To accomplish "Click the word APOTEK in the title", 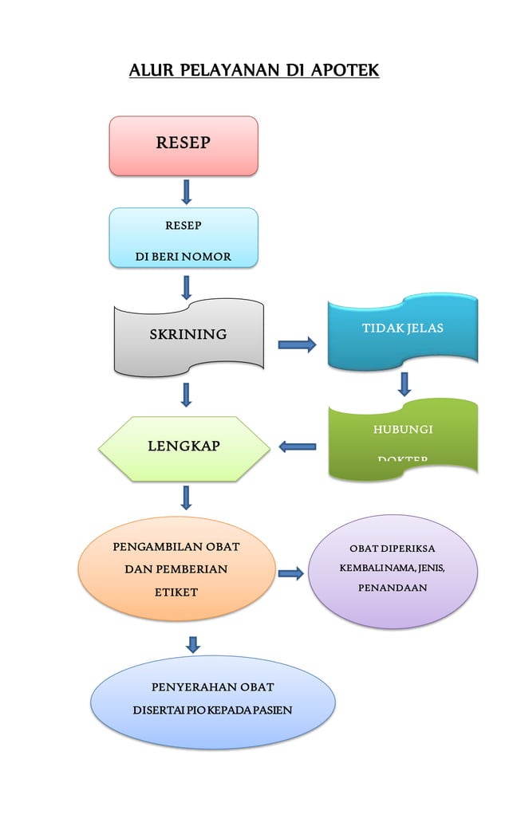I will pos(345,71).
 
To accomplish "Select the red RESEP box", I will pos(183,145).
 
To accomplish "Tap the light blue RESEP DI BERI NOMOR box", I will pos(183,237).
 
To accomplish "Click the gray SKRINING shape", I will pos(188,336).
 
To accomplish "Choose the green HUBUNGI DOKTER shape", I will pos(403,439).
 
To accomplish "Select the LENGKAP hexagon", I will pos(184,447).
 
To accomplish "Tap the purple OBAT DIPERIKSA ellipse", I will pos(393,571).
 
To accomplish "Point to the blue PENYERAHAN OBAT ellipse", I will pos(212,700).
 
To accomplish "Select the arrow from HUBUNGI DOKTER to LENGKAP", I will pos(297,447).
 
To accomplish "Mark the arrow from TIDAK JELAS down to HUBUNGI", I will pos(404,384).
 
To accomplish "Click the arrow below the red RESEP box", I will pos(187,191).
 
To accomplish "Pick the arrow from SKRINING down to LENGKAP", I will pos(187,395).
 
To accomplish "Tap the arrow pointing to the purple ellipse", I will pos(291,572).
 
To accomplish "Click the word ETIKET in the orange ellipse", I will pos(176,592).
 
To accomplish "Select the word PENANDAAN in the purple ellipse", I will pos(392,588).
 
